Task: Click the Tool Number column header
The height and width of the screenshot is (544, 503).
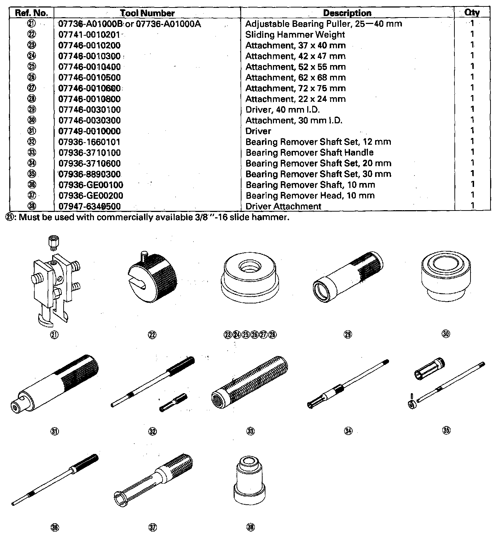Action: [x=148, y=13]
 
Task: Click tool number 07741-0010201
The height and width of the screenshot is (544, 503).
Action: [x=89, y=35]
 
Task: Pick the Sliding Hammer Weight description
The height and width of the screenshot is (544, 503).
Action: [x=295, y=35]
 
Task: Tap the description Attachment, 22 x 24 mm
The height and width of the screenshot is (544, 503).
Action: [x=295, y=99]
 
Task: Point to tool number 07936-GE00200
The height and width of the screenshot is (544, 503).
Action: [x=91, y=196]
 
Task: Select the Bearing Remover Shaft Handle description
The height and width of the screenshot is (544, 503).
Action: [x=309, y=153]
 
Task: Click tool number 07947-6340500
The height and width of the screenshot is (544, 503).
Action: [x=89, y=206]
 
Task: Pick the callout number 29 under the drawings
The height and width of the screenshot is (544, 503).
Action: [x=348, y=335]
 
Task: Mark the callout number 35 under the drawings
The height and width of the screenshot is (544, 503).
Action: [x=446, y=430]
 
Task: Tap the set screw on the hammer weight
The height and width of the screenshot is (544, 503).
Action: [x=144, y=256]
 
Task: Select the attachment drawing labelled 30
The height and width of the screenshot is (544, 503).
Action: [x=445, y=277]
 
